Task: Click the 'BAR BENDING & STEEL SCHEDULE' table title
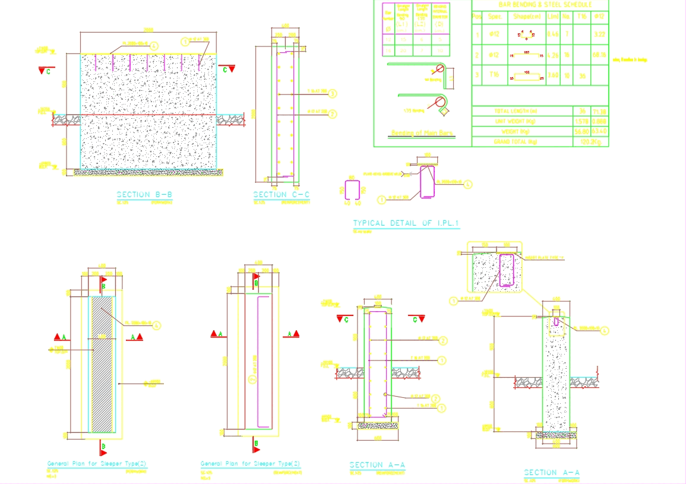(540, 5)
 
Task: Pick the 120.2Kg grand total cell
(590, 142)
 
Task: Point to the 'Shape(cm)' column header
(526, 17)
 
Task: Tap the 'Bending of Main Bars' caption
(422, 133)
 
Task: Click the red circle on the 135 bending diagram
(441, 100)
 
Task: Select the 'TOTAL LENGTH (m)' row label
(516, 111)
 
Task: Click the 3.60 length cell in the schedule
(553, 75)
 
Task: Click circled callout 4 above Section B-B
(154, 45)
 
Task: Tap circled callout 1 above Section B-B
(185, 42)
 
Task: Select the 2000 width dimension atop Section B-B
(148, 30)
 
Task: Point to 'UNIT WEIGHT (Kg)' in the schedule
(516, 121)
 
